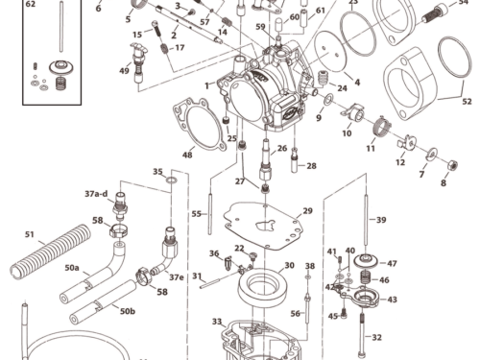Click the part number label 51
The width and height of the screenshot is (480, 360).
[x=29, y=234]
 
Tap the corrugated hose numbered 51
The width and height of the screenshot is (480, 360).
[x=51, y=251]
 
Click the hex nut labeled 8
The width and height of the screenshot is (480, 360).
[x=453, y=165]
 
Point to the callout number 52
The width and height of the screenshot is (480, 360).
[x=467, y=102]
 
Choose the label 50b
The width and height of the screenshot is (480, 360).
[x=127, y=310]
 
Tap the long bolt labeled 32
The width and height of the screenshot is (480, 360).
[x=362, y=335]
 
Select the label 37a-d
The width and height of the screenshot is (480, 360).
[x=96, y=194]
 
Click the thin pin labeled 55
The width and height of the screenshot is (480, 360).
[x=210, y=214]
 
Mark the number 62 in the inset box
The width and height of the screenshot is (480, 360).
[x=30, y=5]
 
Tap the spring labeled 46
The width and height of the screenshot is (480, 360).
[x=366, y=278]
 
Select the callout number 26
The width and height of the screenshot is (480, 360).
[x=282, y=149]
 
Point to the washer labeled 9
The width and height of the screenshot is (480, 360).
[x=328, y=100]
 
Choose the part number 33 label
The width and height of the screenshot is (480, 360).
[x=217, y=321]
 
